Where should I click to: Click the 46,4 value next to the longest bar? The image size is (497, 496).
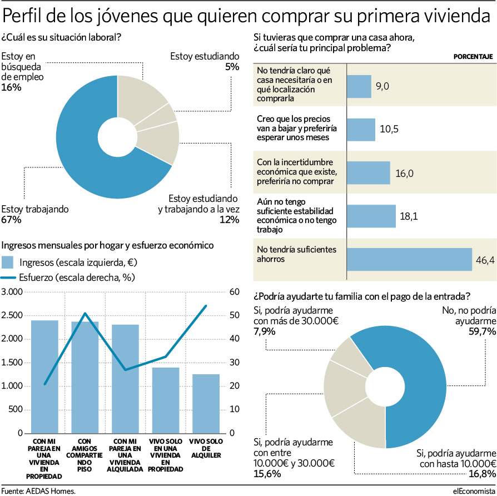pos(485,260)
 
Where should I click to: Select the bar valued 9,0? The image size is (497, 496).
pos(359,86)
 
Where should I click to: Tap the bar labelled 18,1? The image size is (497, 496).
pos(371,216)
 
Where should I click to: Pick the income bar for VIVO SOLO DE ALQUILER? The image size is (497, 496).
pos(206,404)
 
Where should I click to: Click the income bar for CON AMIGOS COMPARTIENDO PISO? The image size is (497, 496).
pos(85,378)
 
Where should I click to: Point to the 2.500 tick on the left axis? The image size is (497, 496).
pos(12,315)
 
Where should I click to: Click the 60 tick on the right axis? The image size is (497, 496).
pos(235,292)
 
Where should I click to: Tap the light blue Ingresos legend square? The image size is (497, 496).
pos(7,262)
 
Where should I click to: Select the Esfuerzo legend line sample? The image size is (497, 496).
pos(8,278)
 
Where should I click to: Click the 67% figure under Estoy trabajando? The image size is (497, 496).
pos(11,220)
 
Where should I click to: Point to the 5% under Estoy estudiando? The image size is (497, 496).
pos(232,67)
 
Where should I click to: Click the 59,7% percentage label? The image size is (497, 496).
pos(482,331)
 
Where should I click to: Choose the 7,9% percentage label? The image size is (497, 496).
pos(265,331)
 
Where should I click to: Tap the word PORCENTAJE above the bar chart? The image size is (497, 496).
pos(473,57)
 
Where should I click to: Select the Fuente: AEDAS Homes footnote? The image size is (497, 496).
pos(38,491)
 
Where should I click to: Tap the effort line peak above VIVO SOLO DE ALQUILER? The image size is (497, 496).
pos(206,306)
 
